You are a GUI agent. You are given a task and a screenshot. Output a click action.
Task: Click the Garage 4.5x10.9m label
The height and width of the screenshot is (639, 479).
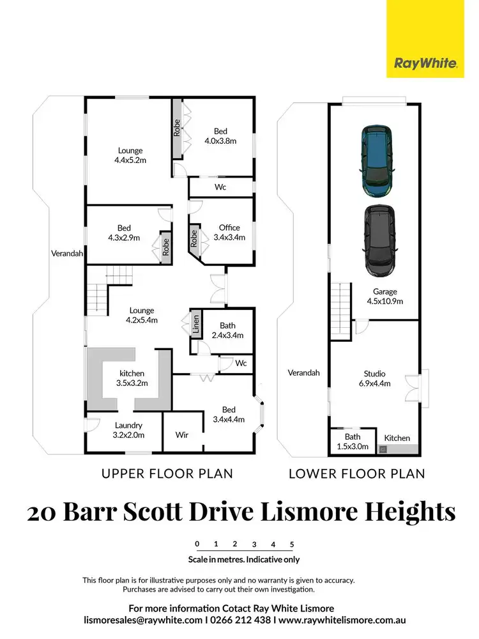point(385,296)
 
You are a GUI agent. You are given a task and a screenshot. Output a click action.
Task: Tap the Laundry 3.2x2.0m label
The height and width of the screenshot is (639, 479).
point(128,429)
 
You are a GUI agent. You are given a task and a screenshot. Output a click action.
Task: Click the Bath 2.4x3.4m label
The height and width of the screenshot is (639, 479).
point(227,330)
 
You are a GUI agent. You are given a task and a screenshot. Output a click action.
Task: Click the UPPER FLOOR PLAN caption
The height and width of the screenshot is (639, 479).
point(167,473)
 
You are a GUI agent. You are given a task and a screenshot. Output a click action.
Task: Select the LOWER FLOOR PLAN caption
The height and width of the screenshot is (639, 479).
point(357,473)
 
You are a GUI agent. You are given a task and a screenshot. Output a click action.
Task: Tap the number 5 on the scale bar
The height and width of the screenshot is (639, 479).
point(292,544)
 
